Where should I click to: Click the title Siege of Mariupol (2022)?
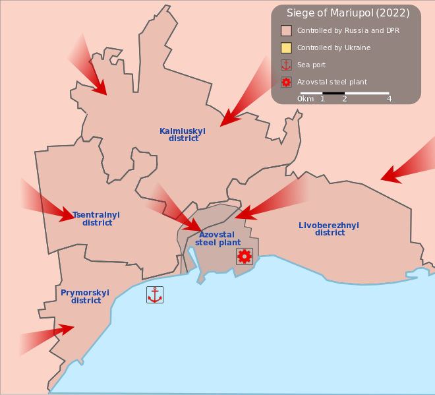tap(343, 13)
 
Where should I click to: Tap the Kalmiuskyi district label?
tap(183, 135)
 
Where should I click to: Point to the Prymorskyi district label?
tap(85, 297)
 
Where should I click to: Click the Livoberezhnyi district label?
tap(329, 229)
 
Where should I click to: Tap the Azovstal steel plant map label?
tap(217, 239)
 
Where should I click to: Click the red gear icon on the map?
tap(245, 256)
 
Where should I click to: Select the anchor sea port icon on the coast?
tap(155, 295)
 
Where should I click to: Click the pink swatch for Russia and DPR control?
tap(286, 30)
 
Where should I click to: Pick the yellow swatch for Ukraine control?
tap(286, 47)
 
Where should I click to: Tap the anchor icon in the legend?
tap(286, 65)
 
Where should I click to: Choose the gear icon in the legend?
tap(286, 82)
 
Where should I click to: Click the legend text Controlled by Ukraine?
tap(333, 47)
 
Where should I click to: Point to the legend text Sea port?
tap(311, 65)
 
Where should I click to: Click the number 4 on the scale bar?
tap(390, 99)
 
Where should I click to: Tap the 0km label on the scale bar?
tap(306, 99)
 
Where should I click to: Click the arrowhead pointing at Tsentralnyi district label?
tap(66, 214)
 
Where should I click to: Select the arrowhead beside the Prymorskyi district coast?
tap(65, 328)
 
